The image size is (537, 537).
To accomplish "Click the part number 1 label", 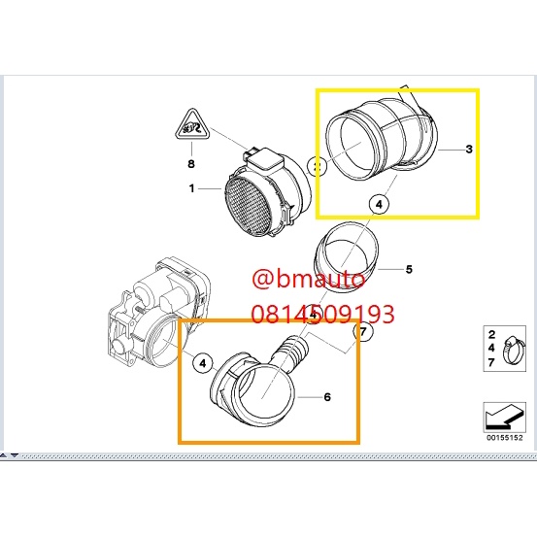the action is (x=192, y=188).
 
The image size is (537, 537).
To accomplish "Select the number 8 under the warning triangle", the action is (x=191, y=164).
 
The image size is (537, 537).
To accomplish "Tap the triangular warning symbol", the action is (x=192, y=124).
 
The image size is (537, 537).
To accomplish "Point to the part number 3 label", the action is (x=469, y=149).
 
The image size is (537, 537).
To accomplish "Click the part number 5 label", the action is (x=409, y=269).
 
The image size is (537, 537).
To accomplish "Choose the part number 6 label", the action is (x=327, y=397).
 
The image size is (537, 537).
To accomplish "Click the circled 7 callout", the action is (x=363, y=331).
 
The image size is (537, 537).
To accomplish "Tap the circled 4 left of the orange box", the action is (x=203, y=362).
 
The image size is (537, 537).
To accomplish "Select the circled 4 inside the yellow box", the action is (x=379, y=205).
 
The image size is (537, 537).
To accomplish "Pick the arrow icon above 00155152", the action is (x=504, y=417).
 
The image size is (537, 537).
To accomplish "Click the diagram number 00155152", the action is (x=505, y=437).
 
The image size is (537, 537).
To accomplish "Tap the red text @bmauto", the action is (x=308, y=279).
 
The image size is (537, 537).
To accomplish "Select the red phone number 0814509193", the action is (x=323, y=314).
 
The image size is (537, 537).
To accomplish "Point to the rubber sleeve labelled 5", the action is (x=346, y=256).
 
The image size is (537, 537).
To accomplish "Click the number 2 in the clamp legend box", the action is (x=491, y=334).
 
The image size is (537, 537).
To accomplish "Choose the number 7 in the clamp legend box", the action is (x=491, y=361).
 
